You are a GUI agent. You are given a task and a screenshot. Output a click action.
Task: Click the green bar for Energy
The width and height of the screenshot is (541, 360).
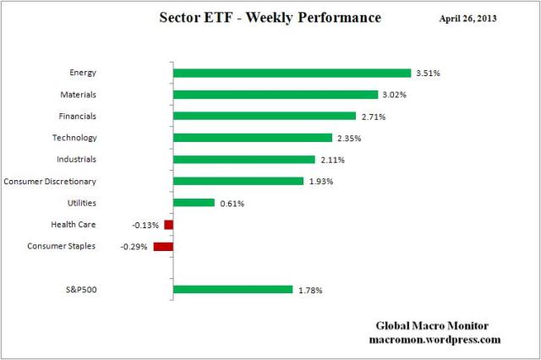(x=292, y=73)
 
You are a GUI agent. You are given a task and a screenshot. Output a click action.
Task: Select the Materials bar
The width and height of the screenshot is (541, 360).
(x=276, y=95)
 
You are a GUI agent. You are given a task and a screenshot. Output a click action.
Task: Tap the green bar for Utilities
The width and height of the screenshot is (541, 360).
(x=194, y=202)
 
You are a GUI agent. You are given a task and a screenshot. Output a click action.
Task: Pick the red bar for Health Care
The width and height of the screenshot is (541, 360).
(x=168, y=224)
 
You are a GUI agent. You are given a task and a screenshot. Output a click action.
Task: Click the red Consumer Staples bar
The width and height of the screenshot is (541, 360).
(x=163, y=247)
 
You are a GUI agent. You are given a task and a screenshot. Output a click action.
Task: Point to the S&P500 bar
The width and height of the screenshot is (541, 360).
(x=232, y=290)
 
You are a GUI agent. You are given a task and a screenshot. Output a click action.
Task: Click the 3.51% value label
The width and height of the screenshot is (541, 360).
(x=428, y=74)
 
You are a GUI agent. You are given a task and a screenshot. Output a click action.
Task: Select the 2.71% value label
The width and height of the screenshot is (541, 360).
(x=373, y=116)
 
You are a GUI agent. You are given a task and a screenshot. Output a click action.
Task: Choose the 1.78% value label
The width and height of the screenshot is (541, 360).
(x=309, y=291)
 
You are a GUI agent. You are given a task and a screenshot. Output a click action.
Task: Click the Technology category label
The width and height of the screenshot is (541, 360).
(x=74, y=138)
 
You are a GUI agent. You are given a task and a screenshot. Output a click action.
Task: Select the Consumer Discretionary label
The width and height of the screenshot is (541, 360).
(x=49, y=181)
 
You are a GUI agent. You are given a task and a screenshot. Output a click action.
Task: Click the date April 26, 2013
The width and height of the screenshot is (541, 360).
(x=469, y=18)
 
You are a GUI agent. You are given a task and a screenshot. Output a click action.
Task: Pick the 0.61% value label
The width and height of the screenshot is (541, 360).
(x=232, y=203)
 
